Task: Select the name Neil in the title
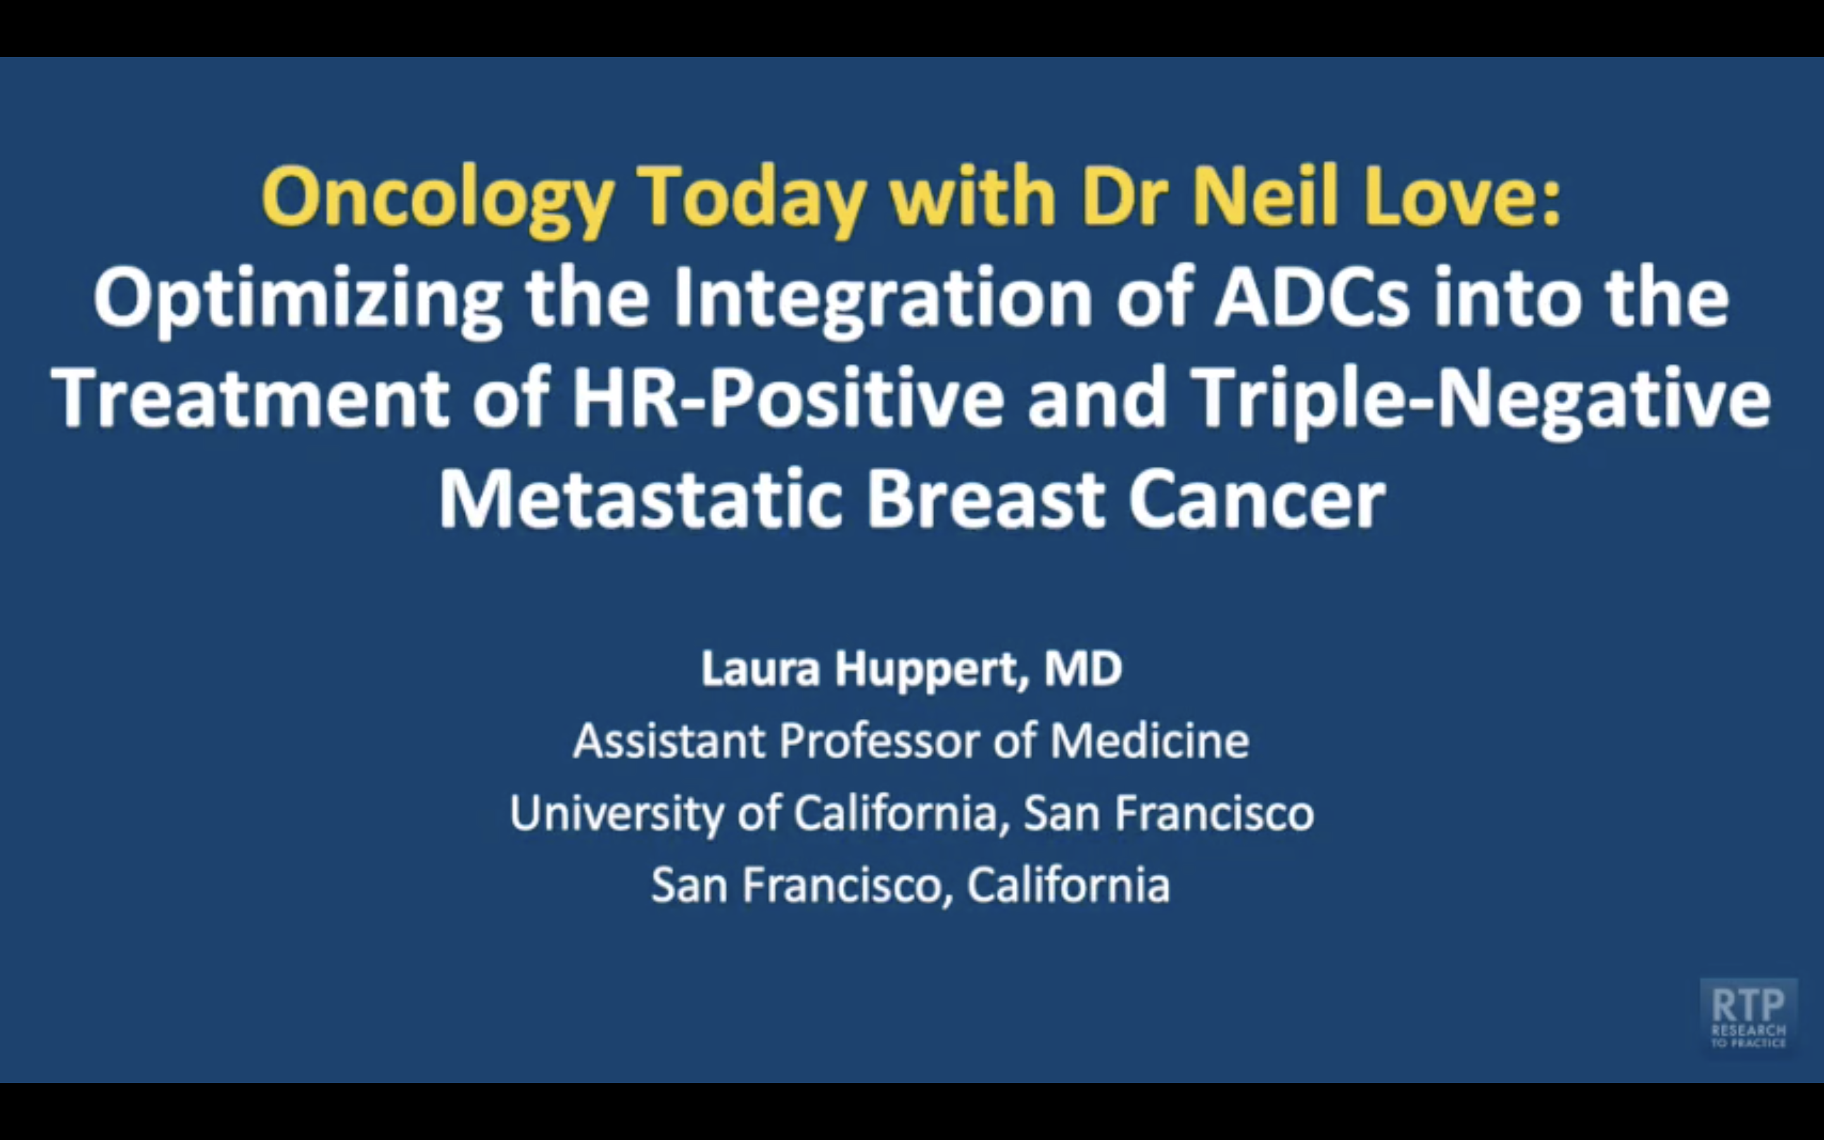(1265, 194)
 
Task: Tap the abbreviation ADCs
(1312, 297)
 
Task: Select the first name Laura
(761, 668)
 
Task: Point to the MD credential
(1084, 668)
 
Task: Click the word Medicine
(1150, 740)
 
